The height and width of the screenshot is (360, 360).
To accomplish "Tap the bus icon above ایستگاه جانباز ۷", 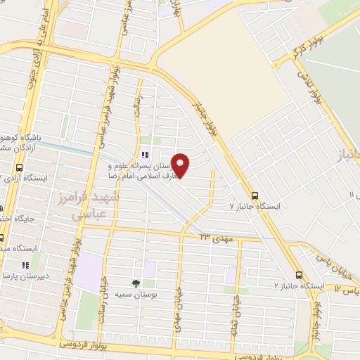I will pos(254,196).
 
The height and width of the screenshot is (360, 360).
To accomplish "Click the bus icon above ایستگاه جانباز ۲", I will pos(300,276).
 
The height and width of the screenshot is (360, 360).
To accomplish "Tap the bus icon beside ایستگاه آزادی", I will pos(18,169).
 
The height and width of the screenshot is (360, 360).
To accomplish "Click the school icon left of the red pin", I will pos(145,155).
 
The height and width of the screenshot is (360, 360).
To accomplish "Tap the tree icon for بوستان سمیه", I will pos(136,283).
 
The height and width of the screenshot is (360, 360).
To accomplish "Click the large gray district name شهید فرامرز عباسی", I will pos(88,207).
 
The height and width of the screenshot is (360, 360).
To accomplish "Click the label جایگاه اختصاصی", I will pos(21,219).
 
